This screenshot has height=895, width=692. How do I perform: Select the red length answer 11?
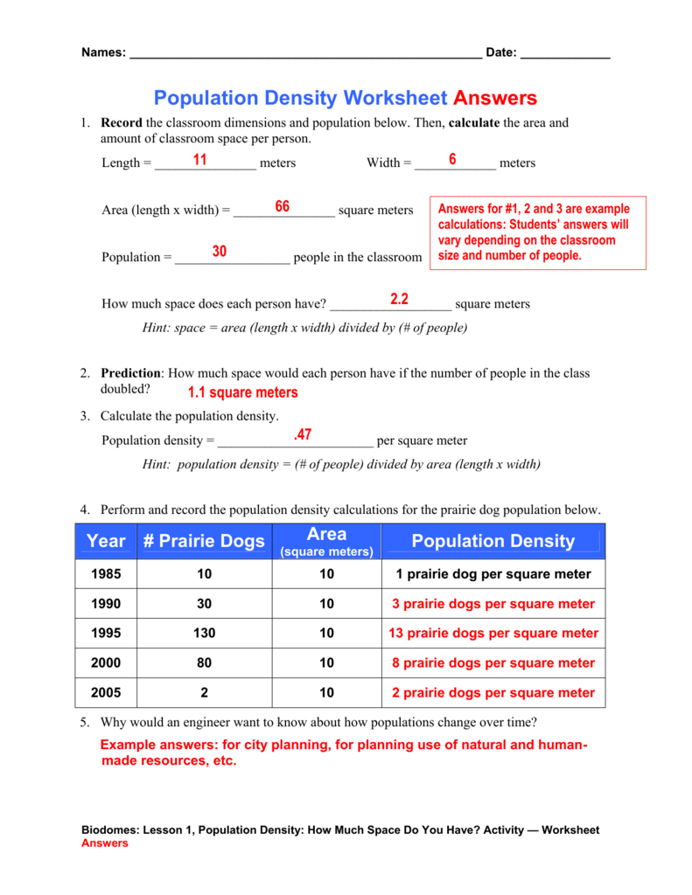coord(199,160)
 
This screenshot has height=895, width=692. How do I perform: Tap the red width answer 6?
coord(452,159)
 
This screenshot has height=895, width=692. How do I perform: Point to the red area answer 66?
coord(282,206)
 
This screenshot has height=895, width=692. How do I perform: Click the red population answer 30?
coord(219,252)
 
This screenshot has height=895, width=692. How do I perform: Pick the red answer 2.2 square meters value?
coord(400,299)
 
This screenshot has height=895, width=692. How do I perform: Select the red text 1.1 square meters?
coord(242,392)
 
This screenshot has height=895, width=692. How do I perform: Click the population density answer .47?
coord(303,434)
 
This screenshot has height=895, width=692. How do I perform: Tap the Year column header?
coord(106,541)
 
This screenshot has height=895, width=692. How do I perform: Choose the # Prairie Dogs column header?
coord(204,541)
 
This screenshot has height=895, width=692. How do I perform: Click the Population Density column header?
coord(493,541)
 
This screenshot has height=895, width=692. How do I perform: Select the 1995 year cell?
coord(106,634)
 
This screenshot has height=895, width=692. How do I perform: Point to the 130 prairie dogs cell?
coord(204,634)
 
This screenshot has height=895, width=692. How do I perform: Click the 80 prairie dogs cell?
coord(204,663)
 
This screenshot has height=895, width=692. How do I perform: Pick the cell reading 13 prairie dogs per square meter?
coord(493,634)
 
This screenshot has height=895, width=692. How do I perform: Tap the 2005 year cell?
coord(106,693)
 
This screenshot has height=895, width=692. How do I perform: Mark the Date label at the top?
coord(500,52)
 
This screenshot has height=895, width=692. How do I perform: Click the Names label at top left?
coord(103,52)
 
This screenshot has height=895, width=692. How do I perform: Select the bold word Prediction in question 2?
coord(130,373)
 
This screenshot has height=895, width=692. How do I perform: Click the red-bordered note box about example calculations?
coord(539,232)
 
